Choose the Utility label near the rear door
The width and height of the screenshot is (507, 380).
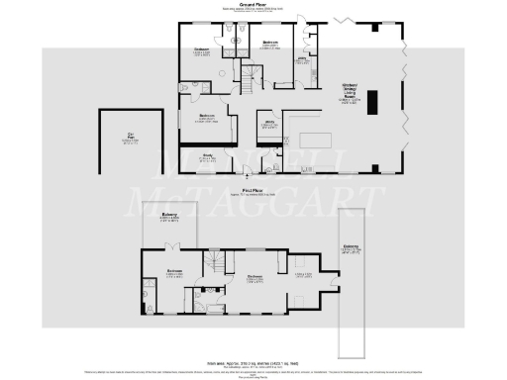(304, 59)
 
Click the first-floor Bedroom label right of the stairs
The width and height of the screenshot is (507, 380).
(253, 277)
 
